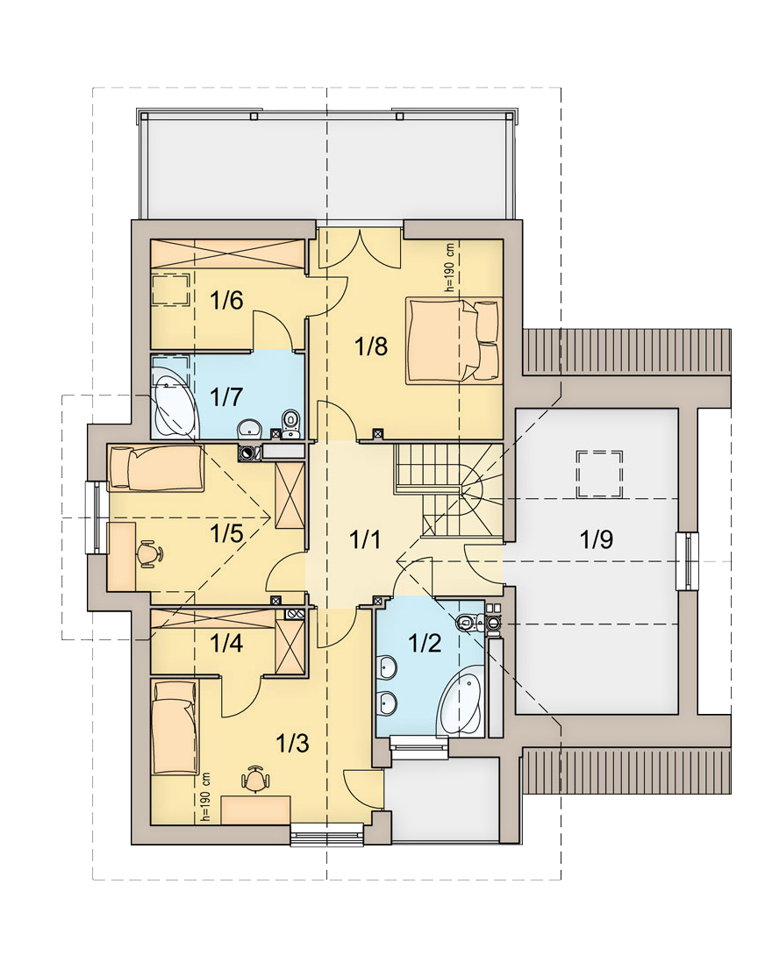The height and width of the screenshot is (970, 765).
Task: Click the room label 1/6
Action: [226, 302]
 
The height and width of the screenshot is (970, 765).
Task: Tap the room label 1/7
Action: [226, 396]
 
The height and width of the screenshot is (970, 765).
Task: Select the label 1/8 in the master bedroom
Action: [371, 346]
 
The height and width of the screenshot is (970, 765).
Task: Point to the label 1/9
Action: [597, 539]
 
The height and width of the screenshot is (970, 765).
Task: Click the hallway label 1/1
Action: [365, 540]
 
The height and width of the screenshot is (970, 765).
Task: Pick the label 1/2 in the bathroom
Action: [425, 644]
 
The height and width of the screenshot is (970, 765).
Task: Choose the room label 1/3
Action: [292, 743]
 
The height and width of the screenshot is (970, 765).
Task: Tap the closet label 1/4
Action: [226, 644]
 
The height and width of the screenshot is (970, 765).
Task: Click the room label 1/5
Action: [226, 532]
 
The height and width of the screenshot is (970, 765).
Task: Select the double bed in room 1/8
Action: [454, 341]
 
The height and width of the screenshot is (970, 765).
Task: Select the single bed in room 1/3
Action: [175, 728]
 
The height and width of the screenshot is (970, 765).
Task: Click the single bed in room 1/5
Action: [156, 468]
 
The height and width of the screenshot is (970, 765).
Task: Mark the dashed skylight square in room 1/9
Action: [599, 474]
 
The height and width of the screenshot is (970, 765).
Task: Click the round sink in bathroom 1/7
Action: [251, 427]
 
